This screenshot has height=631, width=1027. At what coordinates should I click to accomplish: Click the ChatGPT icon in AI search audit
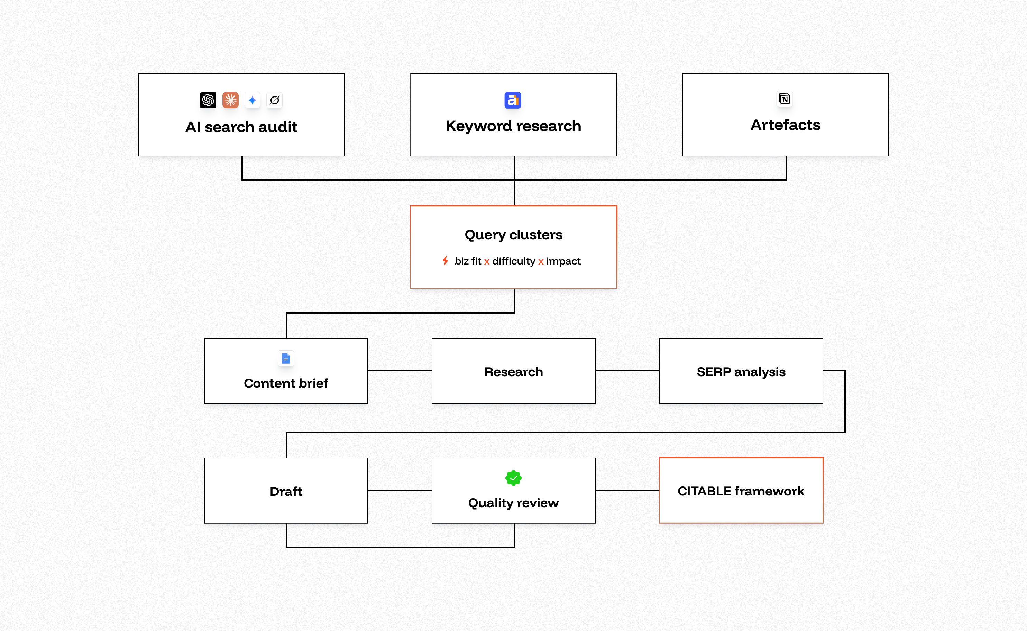(x=208, y=100)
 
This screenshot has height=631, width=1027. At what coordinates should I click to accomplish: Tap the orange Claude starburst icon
(x=230, y=100)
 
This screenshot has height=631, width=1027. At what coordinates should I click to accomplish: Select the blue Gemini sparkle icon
(x=252, y=100)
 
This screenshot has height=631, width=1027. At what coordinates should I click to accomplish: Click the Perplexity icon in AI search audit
(x=274, y=100)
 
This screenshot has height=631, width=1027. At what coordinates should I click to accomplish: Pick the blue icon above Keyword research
(x=513, y=100)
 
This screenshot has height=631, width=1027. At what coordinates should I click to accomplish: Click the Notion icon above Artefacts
(x=785, y=99)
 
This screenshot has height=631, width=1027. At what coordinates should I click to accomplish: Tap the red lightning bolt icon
(x=446, y=261)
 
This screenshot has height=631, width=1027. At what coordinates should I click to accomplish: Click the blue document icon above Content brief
(x=286, y=359)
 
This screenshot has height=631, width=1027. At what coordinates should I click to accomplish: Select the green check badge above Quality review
(x=513, y=478)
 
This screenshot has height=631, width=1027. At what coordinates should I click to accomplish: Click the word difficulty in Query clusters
(x=513, y=261)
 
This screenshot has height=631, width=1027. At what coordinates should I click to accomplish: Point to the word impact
(x=563, y=261)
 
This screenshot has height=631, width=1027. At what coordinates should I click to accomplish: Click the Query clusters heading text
(x=513, y=235)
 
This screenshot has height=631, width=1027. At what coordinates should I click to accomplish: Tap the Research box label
(x=513, y=372)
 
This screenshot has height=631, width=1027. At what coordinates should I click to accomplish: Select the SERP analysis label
(x=741, y=372)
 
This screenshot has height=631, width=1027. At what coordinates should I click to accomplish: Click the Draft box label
(x=286, y=491)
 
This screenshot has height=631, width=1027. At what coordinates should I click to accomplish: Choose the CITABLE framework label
(x=741, y=491)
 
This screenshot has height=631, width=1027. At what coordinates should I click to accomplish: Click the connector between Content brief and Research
(x=400, y=371)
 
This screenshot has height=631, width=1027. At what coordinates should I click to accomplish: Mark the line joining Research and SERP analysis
(x=627, y=371)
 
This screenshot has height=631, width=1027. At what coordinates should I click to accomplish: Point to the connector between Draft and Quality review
(x=400, y=490)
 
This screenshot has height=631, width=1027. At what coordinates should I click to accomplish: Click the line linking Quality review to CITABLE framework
(x=627, y=490)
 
